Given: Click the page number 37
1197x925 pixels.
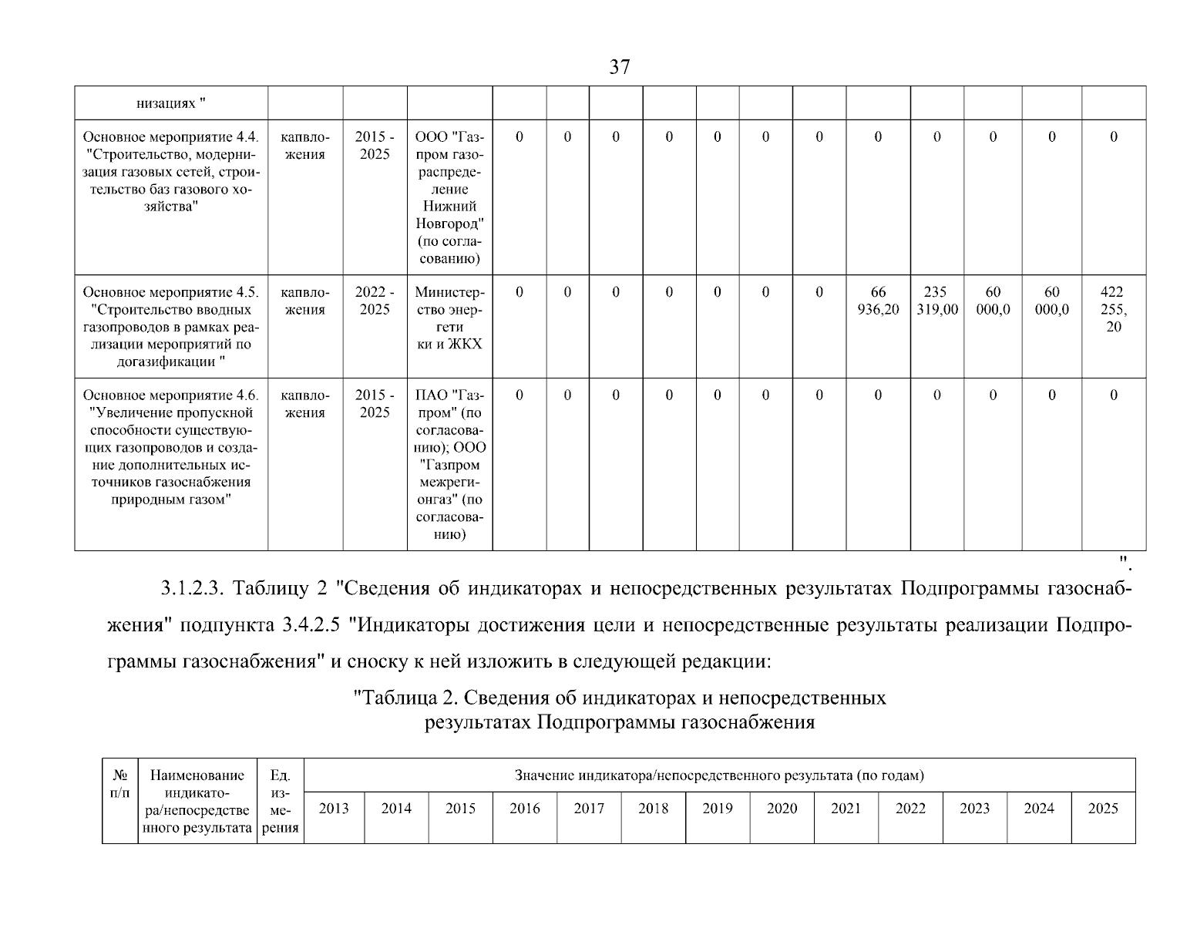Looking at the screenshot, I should (x=620, y=68).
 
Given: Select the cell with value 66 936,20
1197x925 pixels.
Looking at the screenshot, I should (x=878, y=301).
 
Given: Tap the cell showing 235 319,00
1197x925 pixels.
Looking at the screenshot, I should (x=936, y=301).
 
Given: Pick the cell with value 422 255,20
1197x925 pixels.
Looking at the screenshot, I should (x=1113, y=309).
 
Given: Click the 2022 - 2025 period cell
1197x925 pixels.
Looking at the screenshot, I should (x=375, y=301).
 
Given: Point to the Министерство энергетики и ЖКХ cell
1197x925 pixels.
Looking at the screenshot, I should (x=449, y=318).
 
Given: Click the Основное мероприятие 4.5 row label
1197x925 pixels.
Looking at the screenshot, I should (x=171, y=327).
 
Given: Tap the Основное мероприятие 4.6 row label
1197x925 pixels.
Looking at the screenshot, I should (x=171, y=447).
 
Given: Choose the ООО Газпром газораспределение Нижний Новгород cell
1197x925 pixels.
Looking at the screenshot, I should (x=449, y=197).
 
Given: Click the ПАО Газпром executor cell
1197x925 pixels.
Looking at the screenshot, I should (x=449, y=464).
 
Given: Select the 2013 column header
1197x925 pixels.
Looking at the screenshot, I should (x=334, y=809).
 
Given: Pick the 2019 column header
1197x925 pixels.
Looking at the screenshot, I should (x=718, y=809).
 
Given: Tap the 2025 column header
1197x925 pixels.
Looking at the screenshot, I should (x=1102, y=809).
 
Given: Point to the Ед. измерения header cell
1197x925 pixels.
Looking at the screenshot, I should (x=281, y=802).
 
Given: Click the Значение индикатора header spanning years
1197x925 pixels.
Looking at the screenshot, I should (x=719, y=775).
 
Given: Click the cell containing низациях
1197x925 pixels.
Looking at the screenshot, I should (x=171, y=103).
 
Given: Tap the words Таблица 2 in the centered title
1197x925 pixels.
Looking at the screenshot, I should (x=405, y=698).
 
